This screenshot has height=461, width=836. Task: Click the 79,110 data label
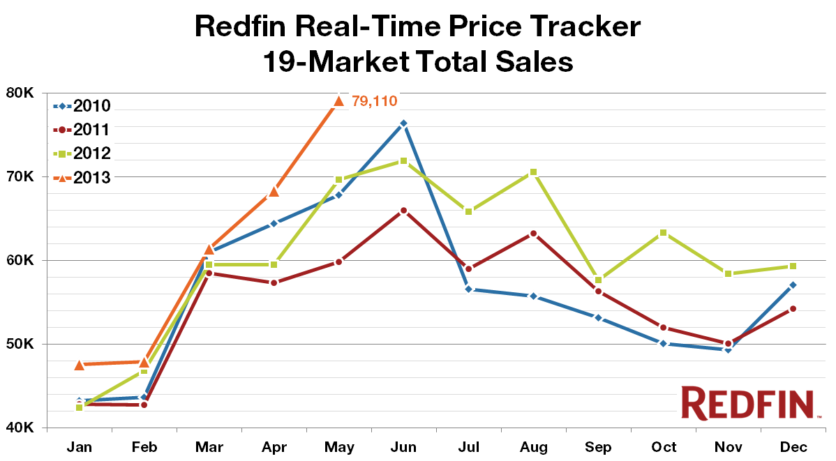(x=374, y=101)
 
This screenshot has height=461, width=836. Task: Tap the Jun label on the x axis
(x=403, y=446)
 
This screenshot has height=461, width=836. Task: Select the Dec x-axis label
(x=793, y=446)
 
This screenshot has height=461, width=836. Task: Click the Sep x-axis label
(x=598, y=446)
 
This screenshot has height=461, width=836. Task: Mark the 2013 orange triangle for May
(x=338, y=100)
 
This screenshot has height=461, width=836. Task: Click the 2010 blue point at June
(x=403, y=123)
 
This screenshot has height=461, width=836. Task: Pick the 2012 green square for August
(x=533, y=172)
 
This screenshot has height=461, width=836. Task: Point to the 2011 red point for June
(x=403, y=210)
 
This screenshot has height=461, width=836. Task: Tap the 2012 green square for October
(x=663, y=232)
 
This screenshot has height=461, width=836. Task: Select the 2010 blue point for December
(x=793, y=285)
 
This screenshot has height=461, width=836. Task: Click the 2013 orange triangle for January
(x=79, y=364)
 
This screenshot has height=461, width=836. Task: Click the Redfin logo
(x=747, y=403)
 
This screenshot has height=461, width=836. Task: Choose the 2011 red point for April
(x=274, y=282)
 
